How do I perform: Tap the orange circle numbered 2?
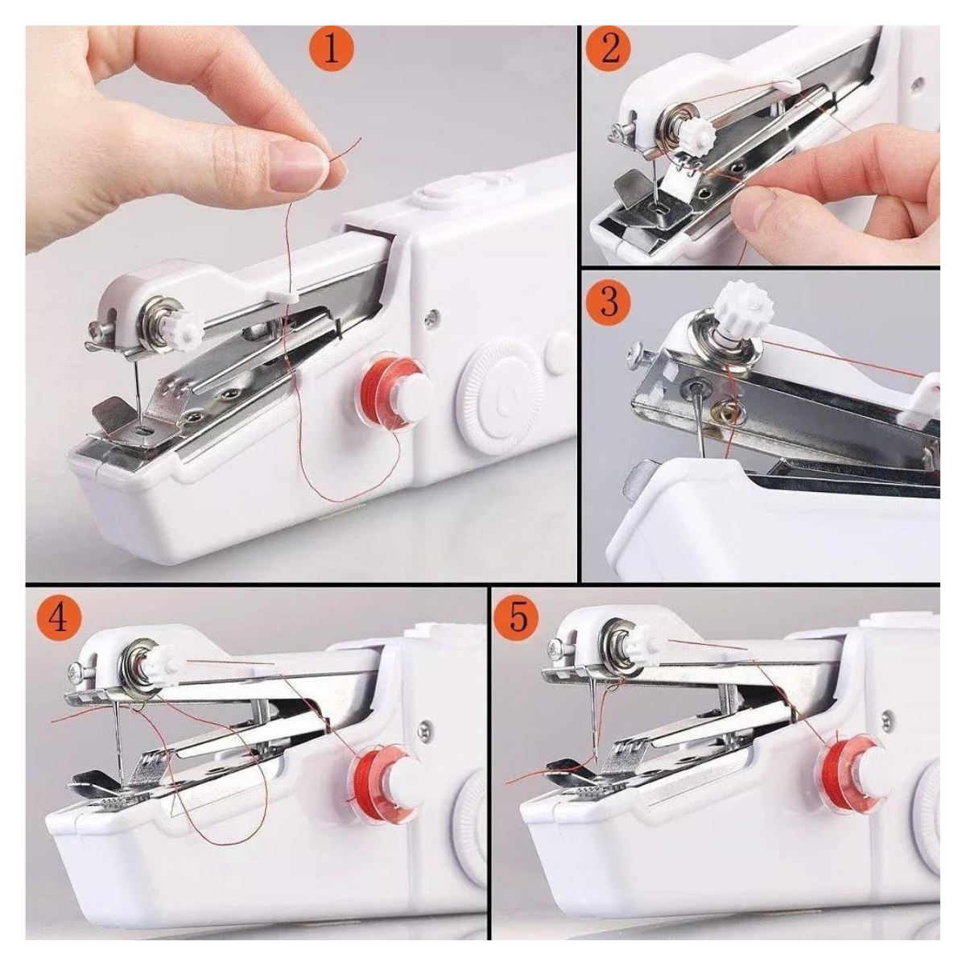click(x=610, y=52)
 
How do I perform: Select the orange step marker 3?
click(x=610, y=303)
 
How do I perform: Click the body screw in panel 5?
click(x=887, y=719)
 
